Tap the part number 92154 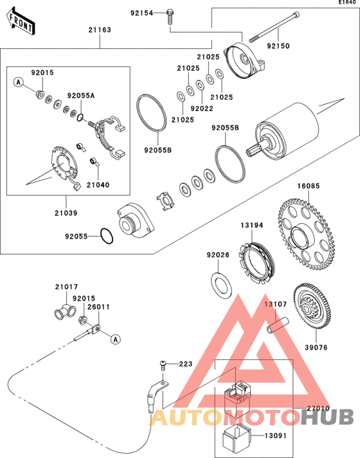point(142,13)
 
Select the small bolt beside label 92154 point(170,17)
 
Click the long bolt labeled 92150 point(274,27)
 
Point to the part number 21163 point(100,30)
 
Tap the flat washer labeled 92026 point(222,285)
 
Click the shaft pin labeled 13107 point(278,325)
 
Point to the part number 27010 point(318,409)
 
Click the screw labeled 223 point(163,366)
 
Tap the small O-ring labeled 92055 point(107,236)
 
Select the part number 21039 point(66,213)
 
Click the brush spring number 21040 point(98,185)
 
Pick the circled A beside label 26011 point(116,339)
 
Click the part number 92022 point(202,108)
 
